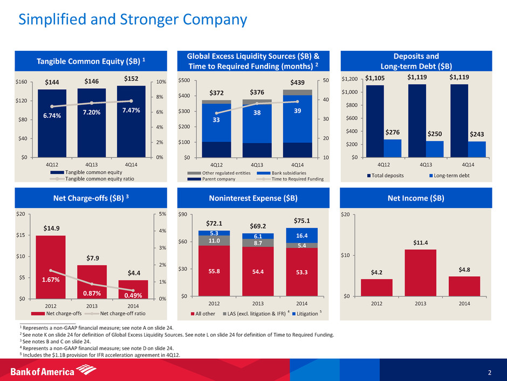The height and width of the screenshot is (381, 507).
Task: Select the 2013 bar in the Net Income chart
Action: [420, 272]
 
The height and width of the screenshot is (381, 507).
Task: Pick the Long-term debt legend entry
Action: [442, 176]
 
